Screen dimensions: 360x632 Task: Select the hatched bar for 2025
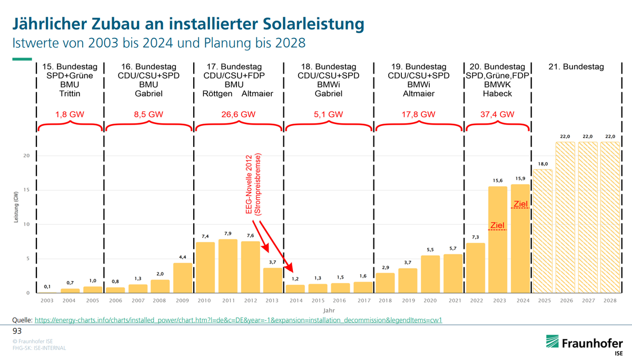click(542, 231)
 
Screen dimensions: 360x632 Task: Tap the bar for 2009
click(183, 278)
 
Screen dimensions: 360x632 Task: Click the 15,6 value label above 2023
click(498, 181)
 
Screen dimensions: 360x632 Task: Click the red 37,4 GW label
click(497, 114)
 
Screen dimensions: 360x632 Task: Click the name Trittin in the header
click(70, 93)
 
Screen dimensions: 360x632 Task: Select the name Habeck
click(497, 93)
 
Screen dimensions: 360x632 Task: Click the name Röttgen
click(218, 93)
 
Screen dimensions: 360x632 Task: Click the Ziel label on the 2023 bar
click(498, 225)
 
